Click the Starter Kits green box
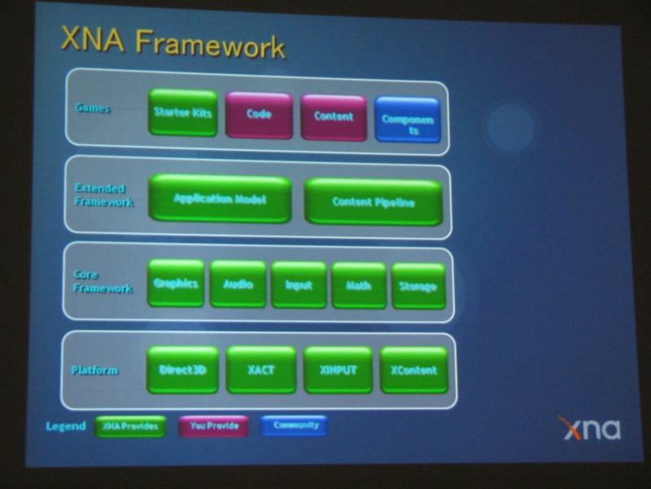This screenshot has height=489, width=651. (x=182, y=112)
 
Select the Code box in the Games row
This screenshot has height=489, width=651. (x=259, y=115)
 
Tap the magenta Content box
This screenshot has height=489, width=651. (x=334, y=117)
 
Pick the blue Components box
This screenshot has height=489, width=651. (x=408, y=121)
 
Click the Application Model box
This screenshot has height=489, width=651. (x=220, y=198)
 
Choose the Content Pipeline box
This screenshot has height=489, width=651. (x=373, y=202)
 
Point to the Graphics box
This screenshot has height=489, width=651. (x=176, y=284)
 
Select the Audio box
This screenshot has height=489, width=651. (x=238, y=284)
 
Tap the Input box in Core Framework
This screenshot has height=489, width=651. (x=299, y=285)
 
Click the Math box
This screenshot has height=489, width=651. (x=359, y=286)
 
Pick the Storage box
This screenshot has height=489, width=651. (x=418, y=287)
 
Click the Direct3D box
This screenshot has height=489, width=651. (x=182, y=369)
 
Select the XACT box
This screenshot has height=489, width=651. (x=260, y=370)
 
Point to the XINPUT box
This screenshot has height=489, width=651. (x=338, y=370)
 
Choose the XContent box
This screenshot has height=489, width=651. (x=413, y=370)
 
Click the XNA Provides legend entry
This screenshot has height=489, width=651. (x=129, y=425)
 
